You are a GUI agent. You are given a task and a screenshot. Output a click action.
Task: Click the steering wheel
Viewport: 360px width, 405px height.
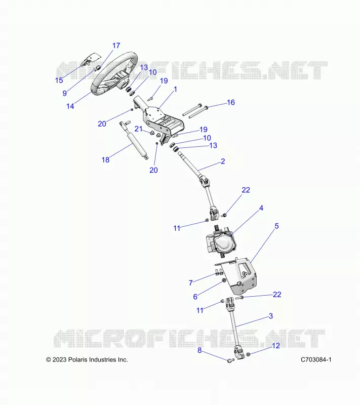click(x=96, y=87)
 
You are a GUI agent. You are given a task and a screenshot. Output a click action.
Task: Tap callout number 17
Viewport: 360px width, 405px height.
click(x=116, y=46)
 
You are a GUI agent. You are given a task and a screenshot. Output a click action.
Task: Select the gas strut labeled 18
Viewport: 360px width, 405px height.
click(x=134, y=141)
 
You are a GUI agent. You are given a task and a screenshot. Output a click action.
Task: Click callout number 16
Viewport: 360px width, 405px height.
click(x=230, y=102)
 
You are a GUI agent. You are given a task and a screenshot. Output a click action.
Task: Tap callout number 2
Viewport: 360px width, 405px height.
click(x=223, y=161)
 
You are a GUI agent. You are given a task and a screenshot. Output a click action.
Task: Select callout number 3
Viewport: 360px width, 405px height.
click(x=271, y=316)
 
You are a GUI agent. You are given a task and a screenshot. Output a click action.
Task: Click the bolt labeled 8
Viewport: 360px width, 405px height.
click(x=230, y=360)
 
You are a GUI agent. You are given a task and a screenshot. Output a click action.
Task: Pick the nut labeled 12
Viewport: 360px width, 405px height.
click(x=248, y=354)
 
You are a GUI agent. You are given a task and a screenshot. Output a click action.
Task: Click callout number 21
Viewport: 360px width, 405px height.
click(x=138, y=129)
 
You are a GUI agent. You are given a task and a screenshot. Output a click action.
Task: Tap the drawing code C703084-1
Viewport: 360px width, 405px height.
click(x=316, y=359)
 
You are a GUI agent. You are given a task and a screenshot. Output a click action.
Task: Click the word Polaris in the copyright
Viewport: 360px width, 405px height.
click(x=76, y=359)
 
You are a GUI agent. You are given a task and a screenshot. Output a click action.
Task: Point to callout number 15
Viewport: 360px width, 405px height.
click(x=59, y=80)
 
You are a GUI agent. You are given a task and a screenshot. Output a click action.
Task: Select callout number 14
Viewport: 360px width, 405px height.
click(x=70, y=106)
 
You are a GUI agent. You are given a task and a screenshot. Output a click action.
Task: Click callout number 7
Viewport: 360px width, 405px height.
click(x=190, y=283)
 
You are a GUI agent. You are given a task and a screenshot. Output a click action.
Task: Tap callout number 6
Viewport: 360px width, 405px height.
click(x=195, y=297)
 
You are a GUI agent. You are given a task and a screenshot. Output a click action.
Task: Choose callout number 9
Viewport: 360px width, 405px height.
click(x=65, y=93)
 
